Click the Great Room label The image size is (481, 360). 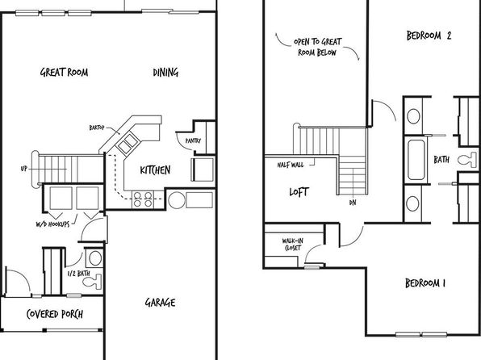pyautogui.click(x=64, y=73)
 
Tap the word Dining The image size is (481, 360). pyautogui.click(x=165, y=73)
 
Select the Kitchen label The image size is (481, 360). pyautogui.click(x=155, y=170)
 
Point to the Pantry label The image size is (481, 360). pyautogui.click(x=193, y=141)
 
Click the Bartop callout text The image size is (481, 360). pyautogui.click(x=97, y=128)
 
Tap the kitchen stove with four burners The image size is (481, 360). pyautogui.click(x=143, y=199)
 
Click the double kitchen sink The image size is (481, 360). pyautogui.click(x=128, y=144)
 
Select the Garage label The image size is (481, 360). pyautogui.click(x=160, y=303)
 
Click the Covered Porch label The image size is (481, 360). pyautogui.click(x=55, y=314)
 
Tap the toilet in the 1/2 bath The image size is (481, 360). pyautogui.click(x=92, y=282)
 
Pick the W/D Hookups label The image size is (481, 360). pyautogui.click(x=52, y=224)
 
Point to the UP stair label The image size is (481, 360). pyautogui.click(x=24, y=169)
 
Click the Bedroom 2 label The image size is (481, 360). pyautogui.click(x=429, y=36)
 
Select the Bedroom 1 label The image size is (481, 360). pyautogui.click(x=425, y=283)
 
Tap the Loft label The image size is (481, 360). pyautogui.click(x=299, y=192)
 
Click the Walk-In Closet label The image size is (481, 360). pyautogui.click(x=293, y=245)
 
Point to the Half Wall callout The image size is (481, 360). pyautogui.click(x=291, y=165)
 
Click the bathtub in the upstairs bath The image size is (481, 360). pyautogui.click(x=416, y=160)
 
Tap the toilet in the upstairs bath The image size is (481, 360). pyautogui.click(x=467, y=160)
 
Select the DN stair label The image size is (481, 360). pyautogui.click(x=353, y=203)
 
